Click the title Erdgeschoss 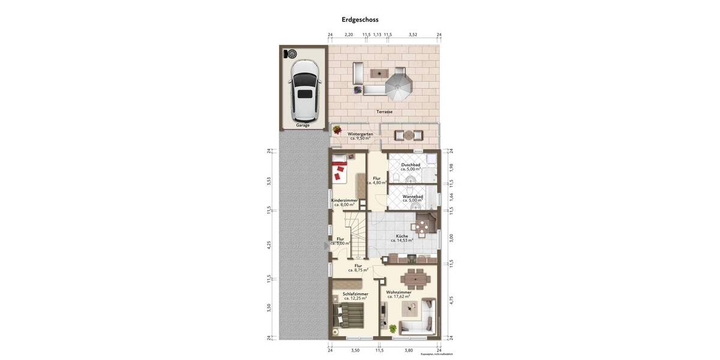tap(360, 19)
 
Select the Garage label tap(303, 125)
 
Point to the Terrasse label tap(385, 112)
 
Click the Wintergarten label tap(360, 134)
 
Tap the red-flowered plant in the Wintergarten tap(337, 130)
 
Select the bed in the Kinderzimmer tap(340, 169)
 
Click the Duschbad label tap(410, 164)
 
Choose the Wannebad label tap(412, 196)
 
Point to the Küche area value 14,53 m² tap(402, 241)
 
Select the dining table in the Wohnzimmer tap(415, 279)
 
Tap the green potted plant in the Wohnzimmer tap(393, 328)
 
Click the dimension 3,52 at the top tap(413, 35)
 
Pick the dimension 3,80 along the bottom tap(409, 350)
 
